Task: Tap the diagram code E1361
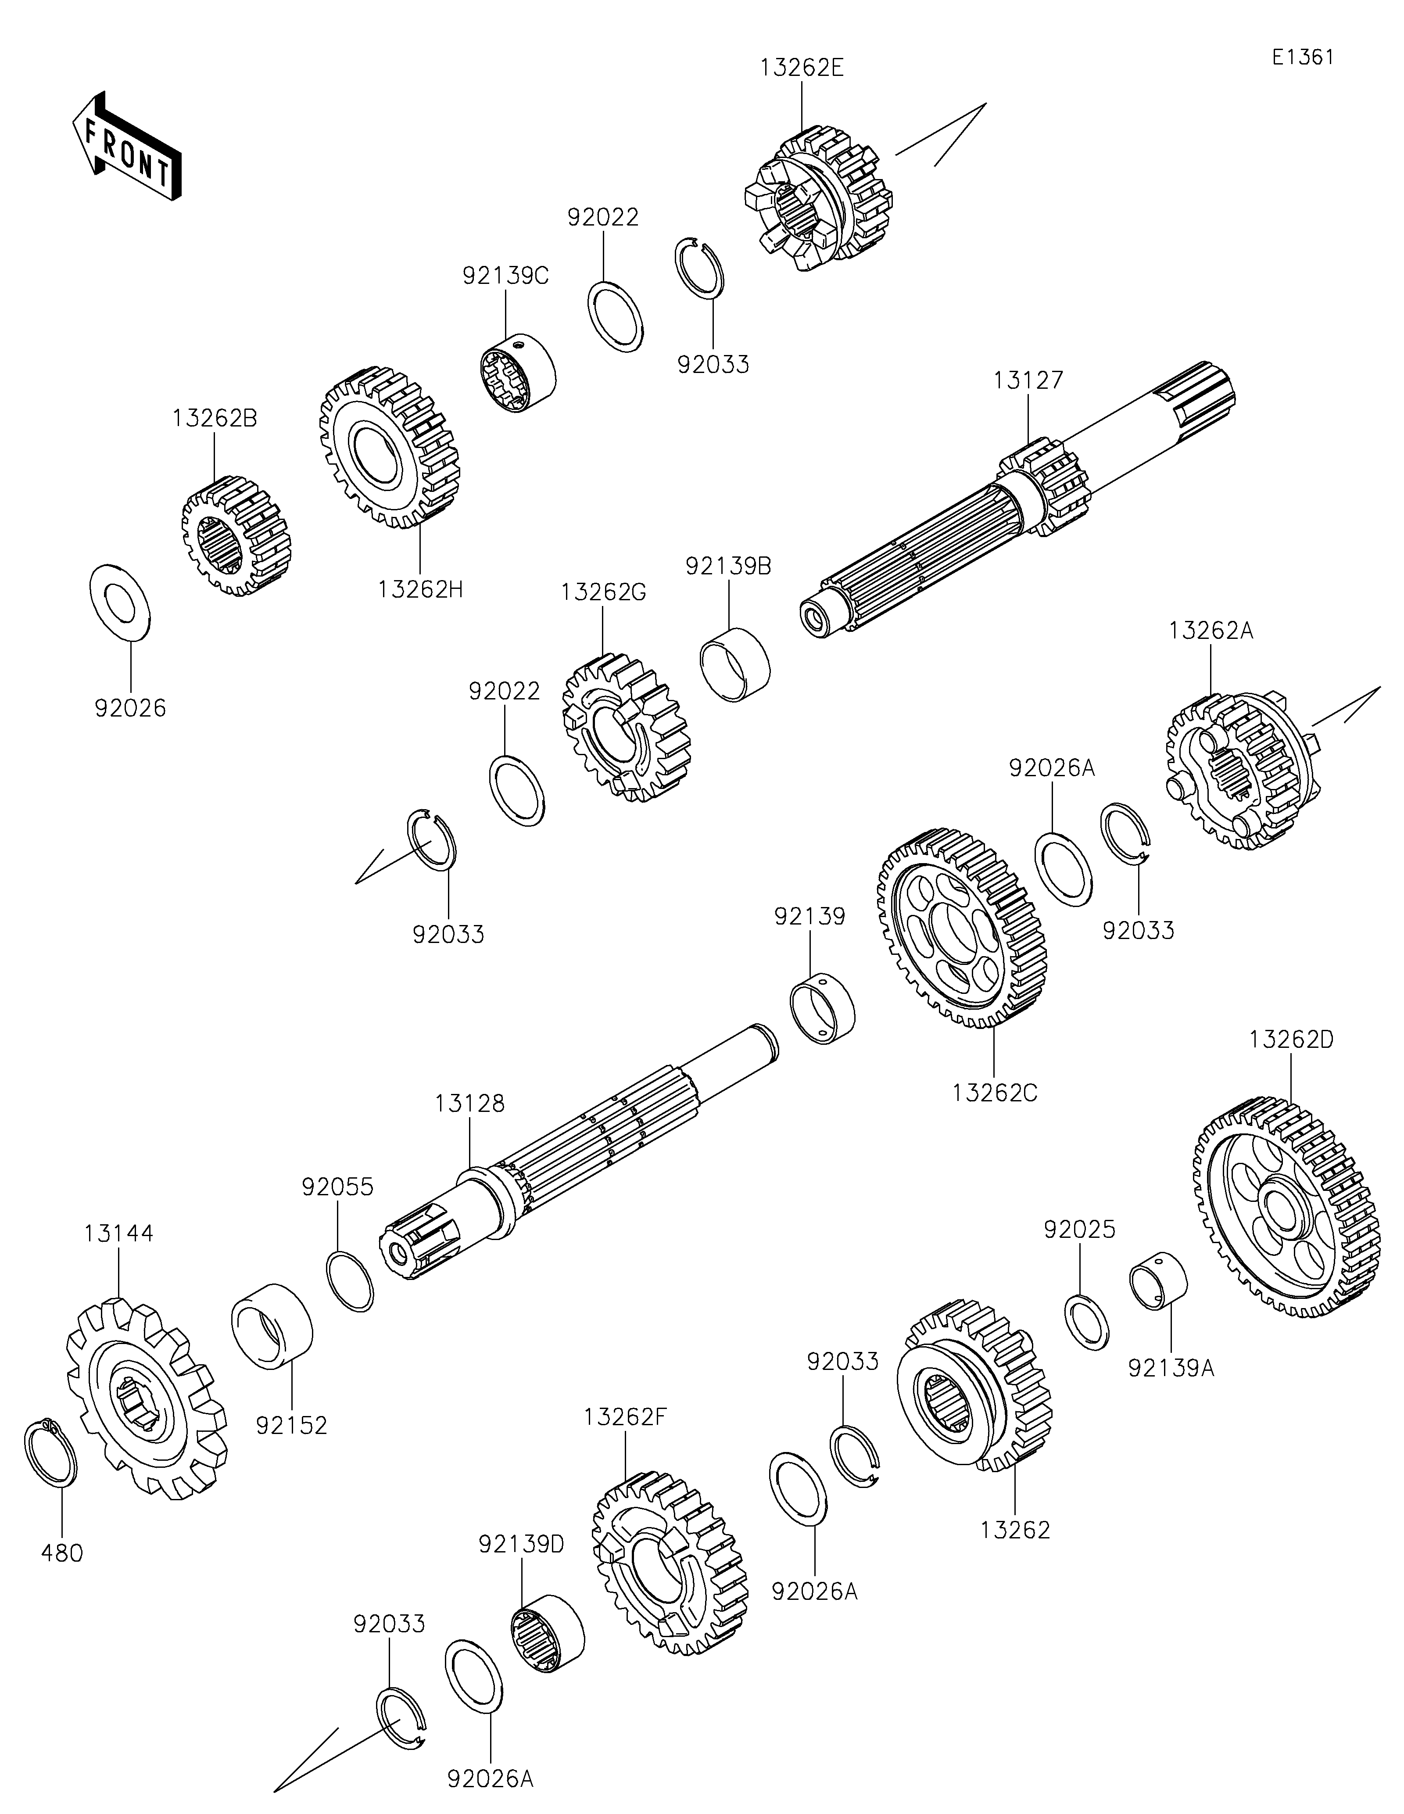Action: tap(1303, 57)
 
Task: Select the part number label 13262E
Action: tap(801, 68)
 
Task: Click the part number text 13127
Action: tap(1028, 380)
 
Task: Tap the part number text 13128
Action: tap(469, 1104)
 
